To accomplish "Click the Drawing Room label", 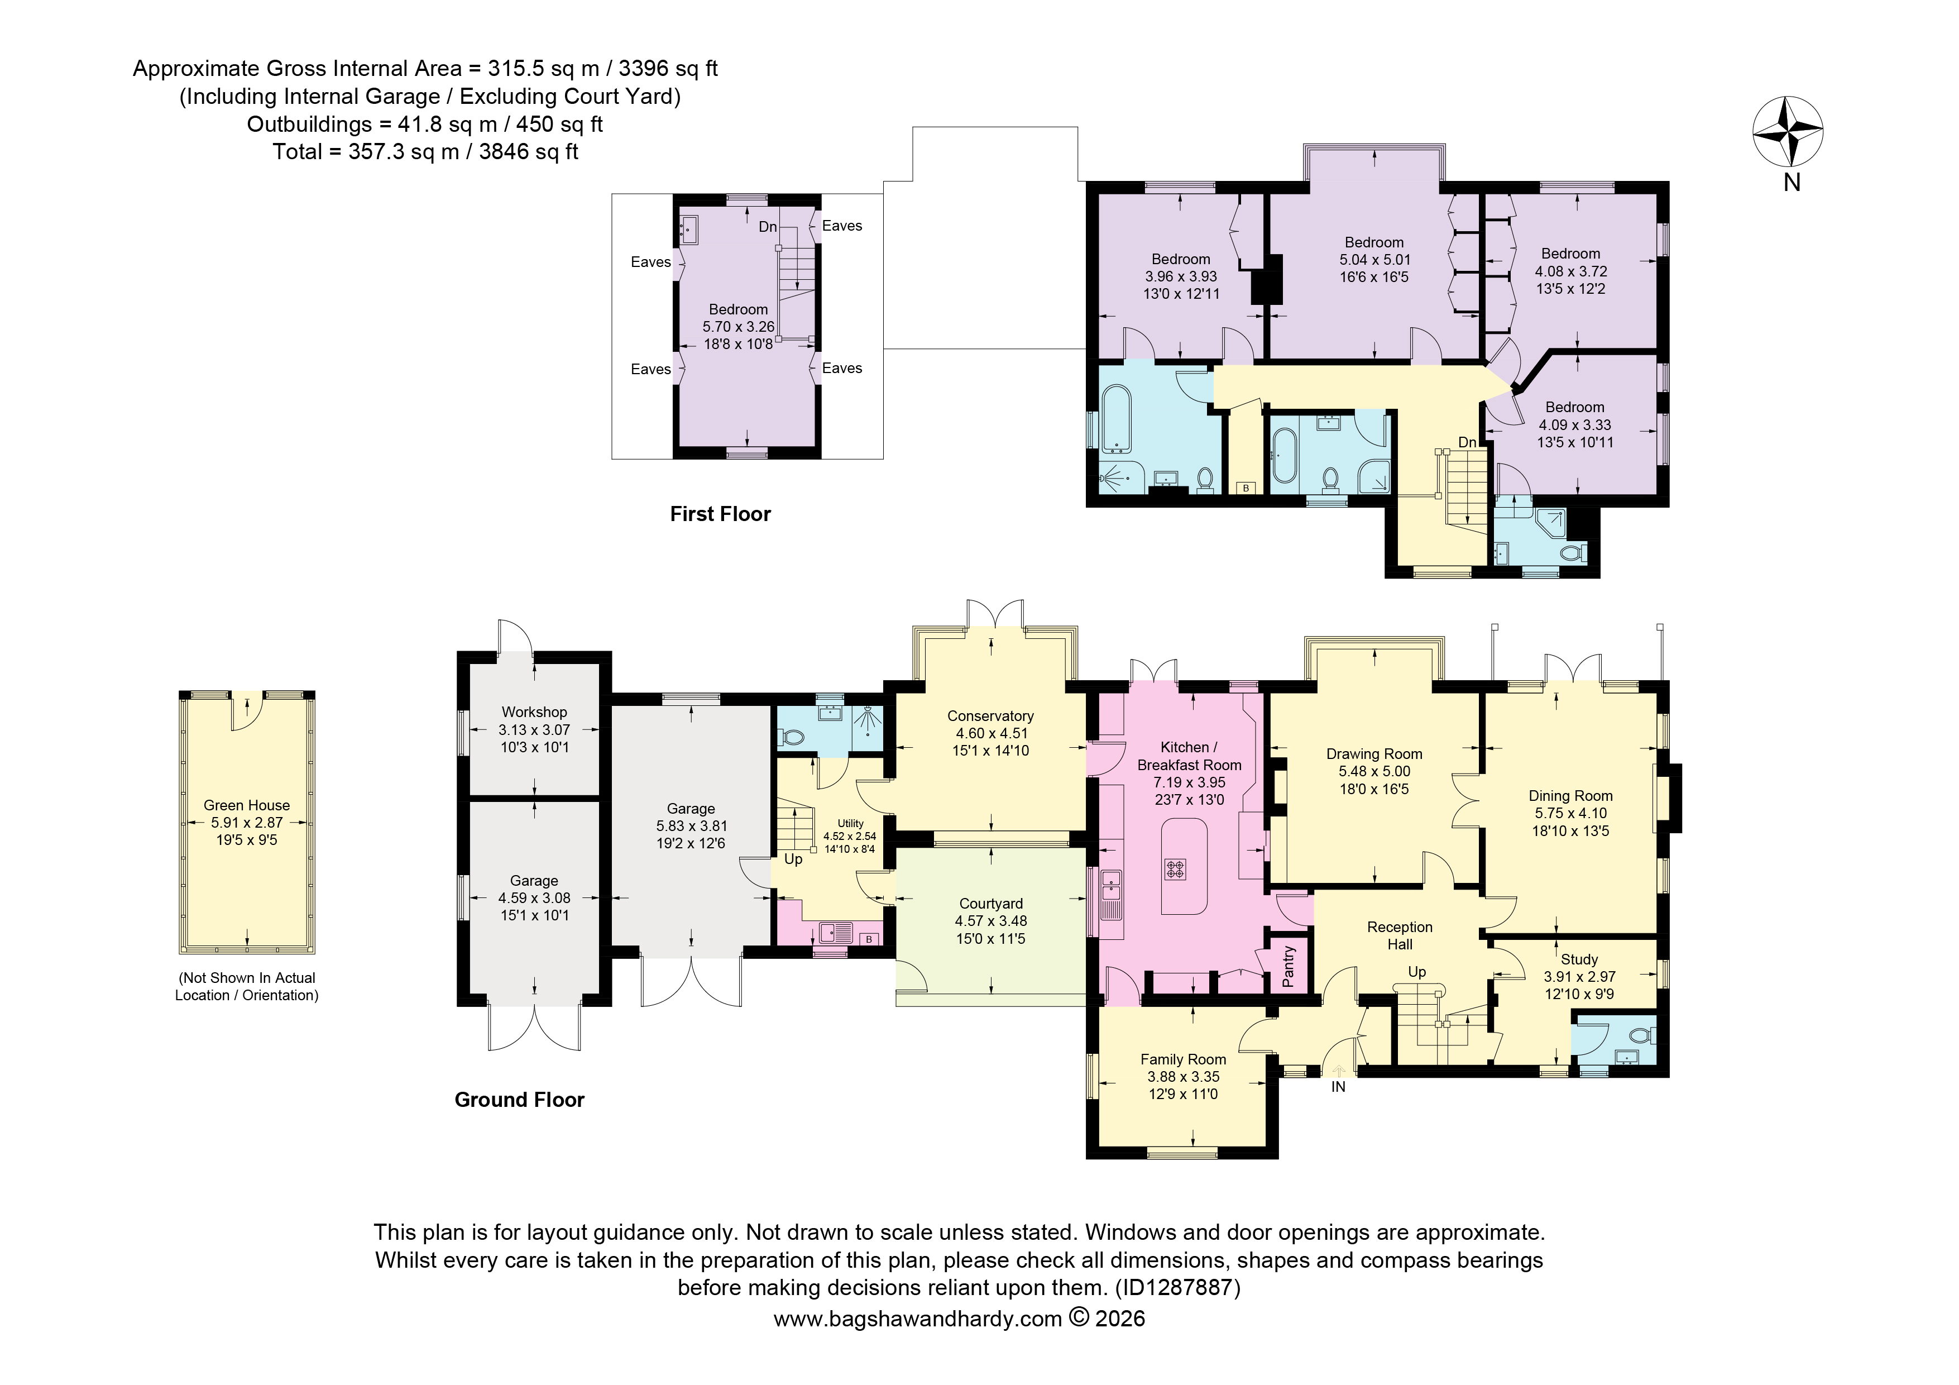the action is point(1374,753).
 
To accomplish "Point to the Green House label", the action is point(247,805).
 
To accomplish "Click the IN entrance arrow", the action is point(1338,1072).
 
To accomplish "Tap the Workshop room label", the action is point(534,711).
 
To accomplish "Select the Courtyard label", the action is point(990,903).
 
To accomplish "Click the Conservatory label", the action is point(990,716).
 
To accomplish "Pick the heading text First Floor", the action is point(720,514).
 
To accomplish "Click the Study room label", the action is point(1579,959).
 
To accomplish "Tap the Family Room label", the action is point(1184,1059).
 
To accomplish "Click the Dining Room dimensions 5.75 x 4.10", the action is point(1571,813).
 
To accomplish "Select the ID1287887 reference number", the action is point(1177,1287).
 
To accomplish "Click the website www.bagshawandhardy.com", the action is point(917,1319).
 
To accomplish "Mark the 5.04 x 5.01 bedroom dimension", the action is point(1374,260).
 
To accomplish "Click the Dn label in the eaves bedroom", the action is point(768,227).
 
